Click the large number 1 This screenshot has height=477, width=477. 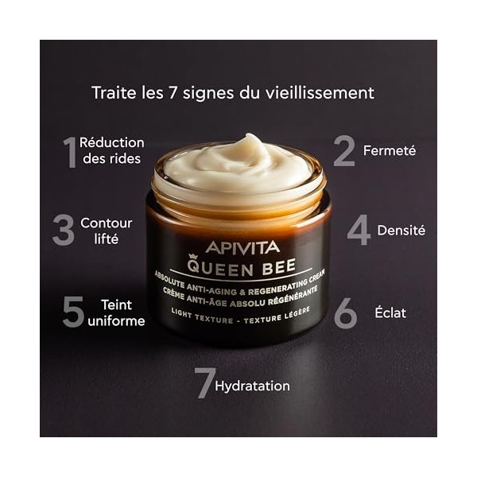coord(70,151)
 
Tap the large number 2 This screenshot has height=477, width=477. coord(343,150)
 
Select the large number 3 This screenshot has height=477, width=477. coord(64,230)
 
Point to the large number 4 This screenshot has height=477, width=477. coord(359,230)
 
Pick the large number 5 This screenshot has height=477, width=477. coord(73,312)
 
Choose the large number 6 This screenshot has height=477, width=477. coord(345,312)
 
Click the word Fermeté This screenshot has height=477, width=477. coord(390,149)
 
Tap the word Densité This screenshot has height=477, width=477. coord(401,230)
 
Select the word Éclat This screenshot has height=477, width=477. coord(390,312)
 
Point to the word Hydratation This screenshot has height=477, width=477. coord(253,386)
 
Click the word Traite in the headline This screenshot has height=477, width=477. coord(113,92)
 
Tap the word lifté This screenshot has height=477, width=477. coord(106,238)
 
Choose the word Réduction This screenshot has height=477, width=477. coord(112,142)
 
